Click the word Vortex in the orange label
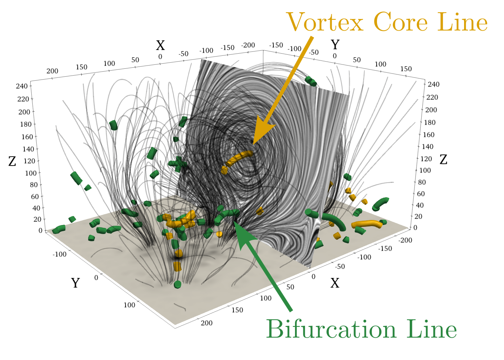point(325,22)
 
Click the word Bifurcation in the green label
point(330,329)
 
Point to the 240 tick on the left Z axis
point(22,86)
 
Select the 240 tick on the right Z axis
point(433,84)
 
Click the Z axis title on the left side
point(12,161)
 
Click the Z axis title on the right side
point(444,159)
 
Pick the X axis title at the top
point(160,45)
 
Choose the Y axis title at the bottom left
point(75,283)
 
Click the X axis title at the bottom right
point(335,283)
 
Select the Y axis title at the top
point(335,45)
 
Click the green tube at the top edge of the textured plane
point(310,81)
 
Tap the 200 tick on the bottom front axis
point(206,323)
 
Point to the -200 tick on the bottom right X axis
point(406,240)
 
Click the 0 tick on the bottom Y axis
point(96,278)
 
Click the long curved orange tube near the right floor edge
point(367,224)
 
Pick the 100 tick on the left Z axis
point(31,173)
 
